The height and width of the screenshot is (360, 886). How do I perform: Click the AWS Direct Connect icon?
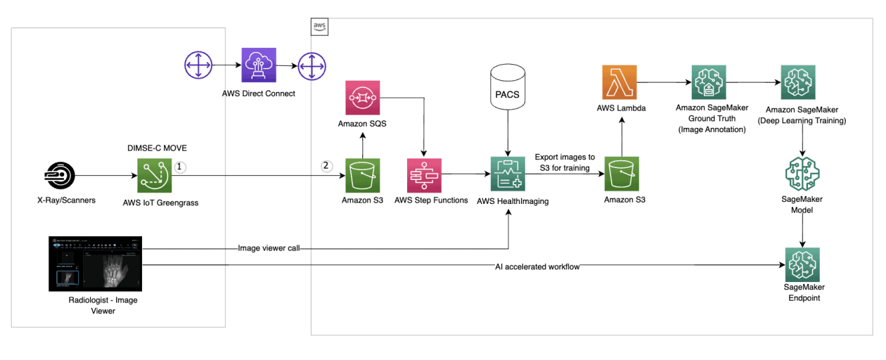pyautogui.click(x=258, y=66)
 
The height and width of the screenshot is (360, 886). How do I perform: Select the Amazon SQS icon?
pyautogui.click(x=362, y=99)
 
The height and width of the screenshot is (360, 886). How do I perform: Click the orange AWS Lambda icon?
pyautogui.click(x=619, y=82)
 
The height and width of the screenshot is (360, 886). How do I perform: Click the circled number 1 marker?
pyautogui.click(x=179, y=167)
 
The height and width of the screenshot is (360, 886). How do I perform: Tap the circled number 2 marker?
pyautogui.click(x=326, y=167)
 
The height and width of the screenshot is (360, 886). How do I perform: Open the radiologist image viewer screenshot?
pyautogui.click(x=95, y=264)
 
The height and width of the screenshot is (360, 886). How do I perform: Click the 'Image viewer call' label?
pyautogui.click(x=269, y=247)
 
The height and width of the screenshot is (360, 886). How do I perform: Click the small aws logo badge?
pyautogui.click(x=320, y=27)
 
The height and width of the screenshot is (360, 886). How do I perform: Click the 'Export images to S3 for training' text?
pyautogui.click(x=565, y=162)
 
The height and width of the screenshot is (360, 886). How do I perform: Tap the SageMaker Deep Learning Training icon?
pyautogui.click(x=798, y=82)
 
